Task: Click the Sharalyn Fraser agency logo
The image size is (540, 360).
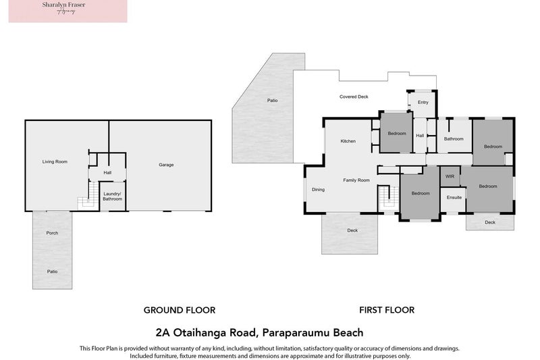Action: pyautogui.click(x=67, y=11)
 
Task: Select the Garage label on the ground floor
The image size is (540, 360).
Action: pyautogui.click(x=166, y=165)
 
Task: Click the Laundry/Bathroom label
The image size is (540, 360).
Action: pyautogui.click(x=112, y=196)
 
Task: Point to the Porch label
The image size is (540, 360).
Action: pyautogui.click(x=52, y=233)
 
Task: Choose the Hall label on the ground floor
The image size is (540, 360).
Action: pyautogui.click(x=107, y=173)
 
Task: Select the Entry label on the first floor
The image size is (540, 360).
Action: pyautogui.click(x=423, y=103)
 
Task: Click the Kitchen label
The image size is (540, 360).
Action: pyautogui.click(x=348, y=141)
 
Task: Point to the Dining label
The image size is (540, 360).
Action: pyautogui.click(x=318, y=189)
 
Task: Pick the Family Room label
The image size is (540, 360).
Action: pyautogui.click(x=356, y=180)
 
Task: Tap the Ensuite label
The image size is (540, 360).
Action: pyautogui.click(x=454, y=197)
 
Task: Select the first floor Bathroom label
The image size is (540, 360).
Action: pyautogui.click(x=454, y=139)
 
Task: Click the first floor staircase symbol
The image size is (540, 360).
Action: pyautogui.click(x=385, y=198)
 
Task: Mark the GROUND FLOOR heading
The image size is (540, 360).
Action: pyautogui.click(x=179, y=310)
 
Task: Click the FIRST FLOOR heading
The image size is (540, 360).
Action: pyautogui.click(x=387, y=310)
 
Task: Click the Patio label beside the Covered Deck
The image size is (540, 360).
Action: pyautogui.click(x=272, y=101)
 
